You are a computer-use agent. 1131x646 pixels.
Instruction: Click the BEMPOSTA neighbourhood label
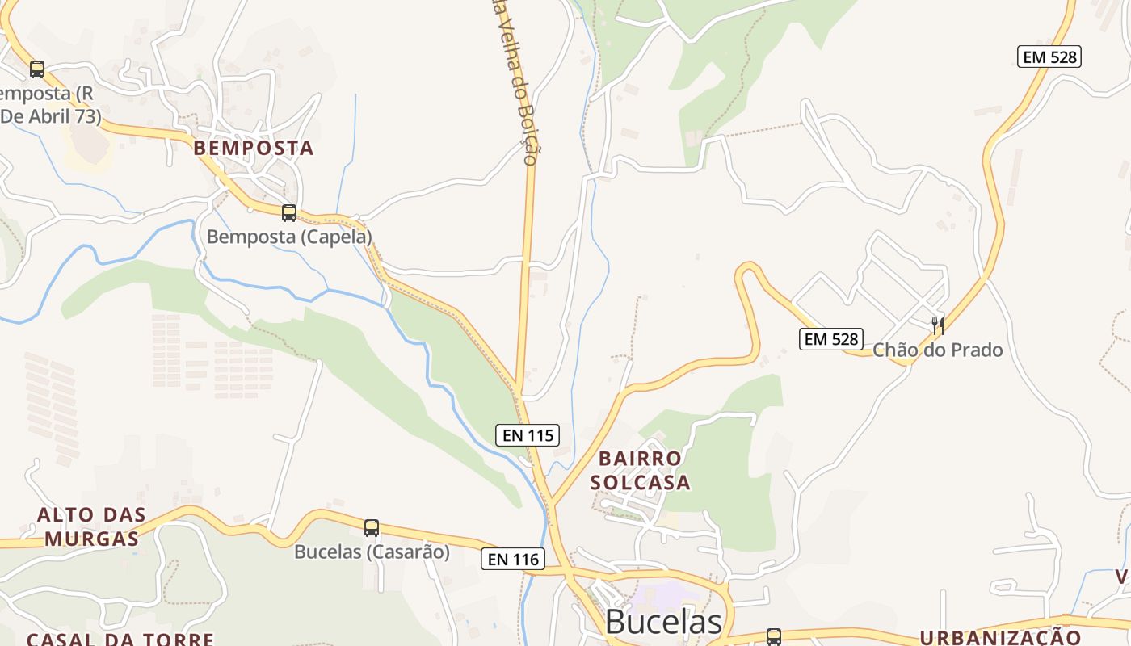253,149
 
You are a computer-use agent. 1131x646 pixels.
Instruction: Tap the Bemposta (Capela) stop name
289,237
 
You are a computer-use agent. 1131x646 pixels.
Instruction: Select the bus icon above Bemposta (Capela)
288,213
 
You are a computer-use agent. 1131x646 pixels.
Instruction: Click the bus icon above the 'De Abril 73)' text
37,69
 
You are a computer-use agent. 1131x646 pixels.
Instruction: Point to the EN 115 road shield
528,435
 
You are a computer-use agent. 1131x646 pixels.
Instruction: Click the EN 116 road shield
513,558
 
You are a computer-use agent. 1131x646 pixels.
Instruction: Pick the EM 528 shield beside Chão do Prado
831,339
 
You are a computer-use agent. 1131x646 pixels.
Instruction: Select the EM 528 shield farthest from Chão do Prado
1049,57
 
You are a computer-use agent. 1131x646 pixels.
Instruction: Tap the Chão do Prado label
937,350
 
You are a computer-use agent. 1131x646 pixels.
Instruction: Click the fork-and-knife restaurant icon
937,325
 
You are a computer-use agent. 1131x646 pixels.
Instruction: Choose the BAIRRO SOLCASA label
640,471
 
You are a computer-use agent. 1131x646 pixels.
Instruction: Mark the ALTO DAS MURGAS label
91,526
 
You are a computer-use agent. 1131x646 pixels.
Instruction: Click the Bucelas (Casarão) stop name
372,552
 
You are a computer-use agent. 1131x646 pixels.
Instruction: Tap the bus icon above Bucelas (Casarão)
371,528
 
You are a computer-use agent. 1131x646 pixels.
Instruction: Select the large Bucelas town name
663,622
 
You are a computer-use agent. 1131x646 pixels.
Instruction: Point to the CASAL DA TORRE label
120,639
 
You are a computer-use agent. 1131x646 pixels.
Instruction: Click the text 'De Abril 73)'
51,116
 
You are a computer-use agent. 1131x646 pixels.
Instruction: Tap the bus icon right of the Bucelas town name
773,636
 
